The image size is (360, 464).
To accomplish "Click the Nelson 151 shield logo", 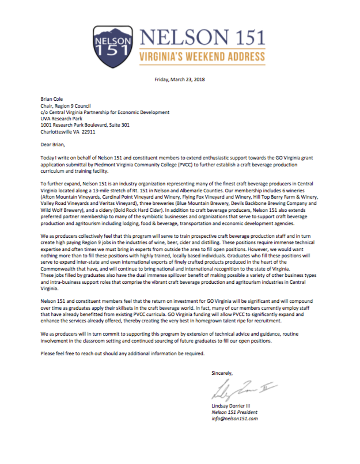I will [113, 43].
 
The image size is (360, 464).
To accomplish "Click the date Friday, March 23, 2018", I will [180, 79].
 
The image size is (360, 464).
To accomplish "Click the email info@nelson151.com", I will [234, 419].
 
